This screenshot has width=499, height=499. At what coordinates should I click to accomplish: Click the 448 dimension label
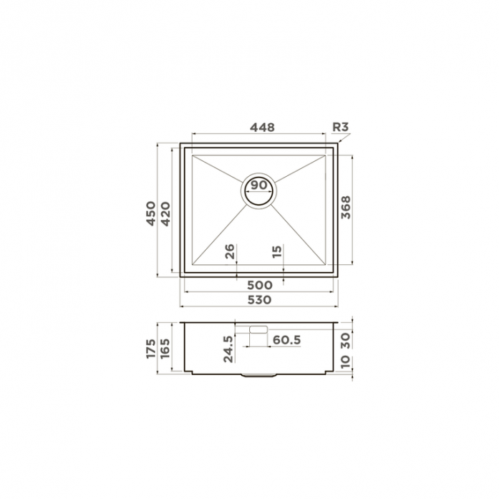click(x=262, y=127)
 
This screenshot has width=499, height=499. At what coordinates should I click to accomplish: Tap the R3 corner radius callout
click(x=341, y=127)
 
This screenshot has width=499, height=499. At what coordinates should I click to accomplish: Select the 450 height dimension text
click(x=151, y=213)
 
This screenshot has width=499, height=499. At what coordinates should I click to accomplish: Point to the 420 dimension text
click(x=165, y=214)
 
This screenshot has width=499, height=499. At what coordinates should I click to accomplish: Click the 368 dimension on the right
click(x=346, y=207)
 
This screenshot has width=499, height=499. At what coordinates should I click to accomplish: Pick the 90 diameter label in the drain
click(x=258, y=185)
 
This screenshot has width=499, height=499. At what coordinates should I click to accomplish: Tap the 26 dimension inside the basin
click(x=230, y=251)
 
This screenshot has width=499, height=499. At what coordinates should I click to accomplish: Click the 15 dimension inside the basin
click(x=277, y=251)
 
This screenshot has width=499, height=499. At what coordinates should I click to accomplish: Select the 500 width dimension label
click(x=260, y=285)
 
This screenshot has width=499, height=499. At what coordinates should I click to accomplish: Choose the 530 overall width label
click(x=259, y=300)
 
